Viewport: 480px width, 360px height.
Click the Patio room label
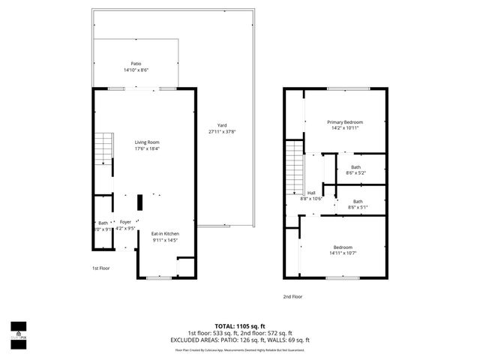coord(135,64)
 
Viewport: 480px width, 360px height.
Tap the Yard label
coord(222,125)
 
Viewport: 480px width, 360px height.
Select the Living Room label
coord(147,142)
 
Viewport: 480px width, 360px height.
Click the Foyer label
coord(125,223)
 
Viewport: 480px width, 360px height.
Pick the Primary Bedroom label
coord(345,121)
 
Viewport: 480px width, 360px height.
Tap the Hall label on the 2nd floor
coord(310,193)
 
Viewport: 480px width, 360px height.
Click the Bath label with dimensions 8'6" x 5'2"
coord(355,167)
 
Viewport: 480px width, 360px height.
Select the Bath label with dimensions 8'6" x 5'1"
coord(358,201)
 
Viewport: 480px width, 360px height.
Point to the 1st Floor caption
coord(101,268)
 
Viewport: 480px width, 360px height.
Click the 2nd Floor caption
coord(292,296)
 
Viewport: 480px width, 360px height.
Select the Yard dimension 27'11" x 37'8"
coord(222,132)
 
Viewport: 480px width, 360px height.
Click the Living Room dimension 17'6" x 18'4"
coord(147,148)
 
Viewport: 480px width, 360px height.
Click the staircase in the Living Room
coord(102,150)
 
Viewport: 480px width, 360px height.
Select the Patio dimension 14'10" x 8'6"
coord(135,70)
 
